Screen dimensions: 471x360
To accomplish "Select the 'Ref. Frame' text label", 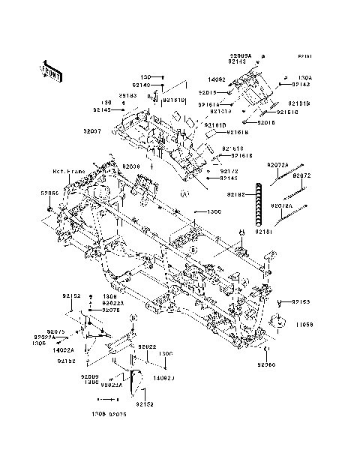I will tap(69, 172).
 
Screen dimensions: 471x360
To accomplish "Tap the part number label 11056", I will tap(301, 325).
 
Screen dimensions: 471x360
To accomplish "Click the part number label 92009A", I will tap(241, 55).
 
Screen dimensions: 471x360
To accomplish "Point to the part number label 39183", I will tap(127, 96).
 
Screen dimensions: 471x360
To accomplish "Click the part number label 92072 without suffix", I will tap(302, 175).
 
